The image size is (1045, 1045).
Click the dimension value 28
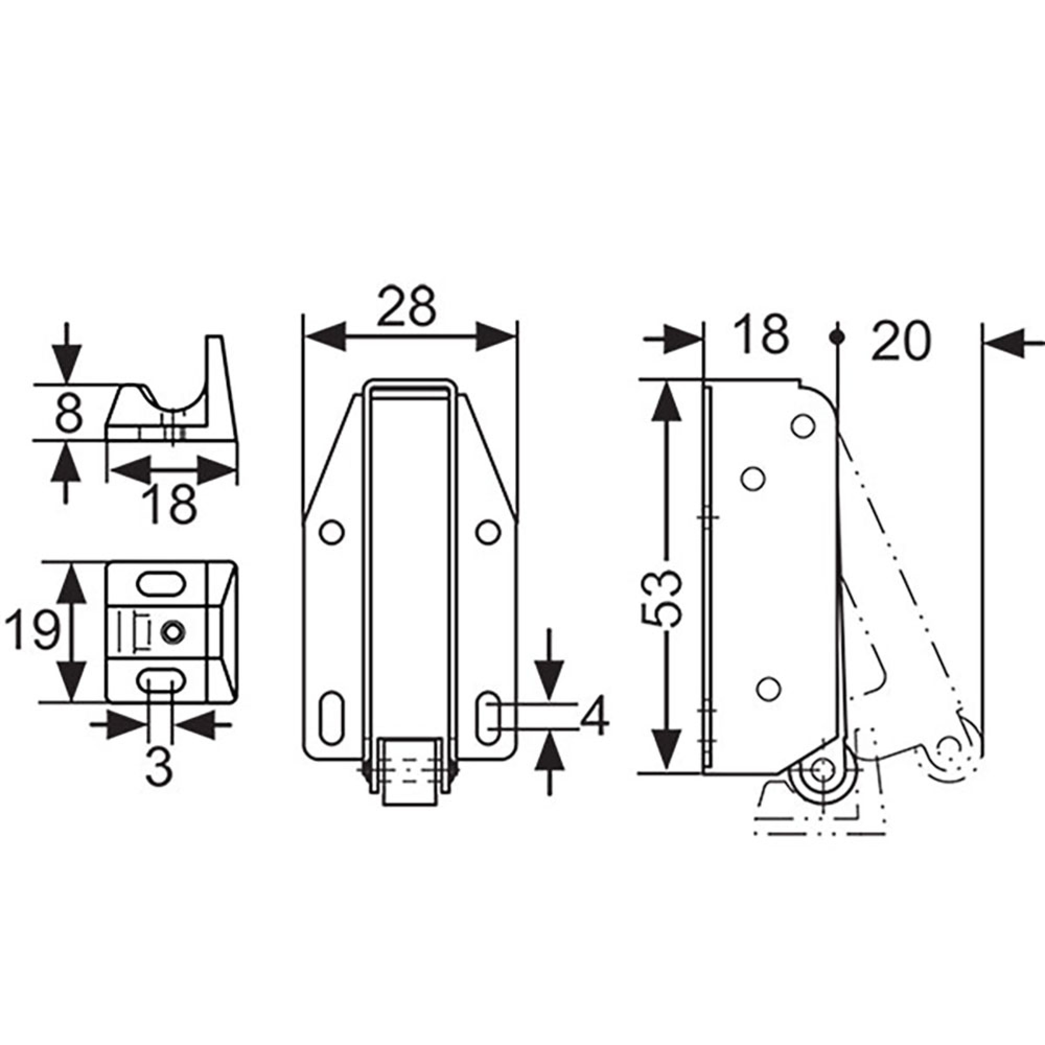pyautogui.click(x=406, y=307)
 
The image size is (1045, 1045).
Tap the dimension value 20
pyautogui.click(x=901, y=341)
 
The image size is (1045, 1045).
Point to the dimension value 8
pyautogui.click(x=68, y=413)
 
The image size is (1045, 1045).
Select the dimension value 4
pyautogui.click(x=595, y=717)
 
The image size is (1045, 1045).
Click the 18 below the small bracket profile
pyautogui.click(x=171, y=504)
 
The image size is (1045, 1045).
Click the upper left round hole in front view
pyautogui.click(x=332, y=532)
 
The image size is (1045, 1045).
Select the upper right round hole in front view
pyautogui.click(x=488, y=532)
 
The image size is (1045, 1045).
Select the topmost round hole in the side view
pyautogui.click(x=803, y=426)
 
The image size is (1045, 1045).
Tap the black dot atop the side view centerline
pyautogui.click(x=837, y=337)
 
